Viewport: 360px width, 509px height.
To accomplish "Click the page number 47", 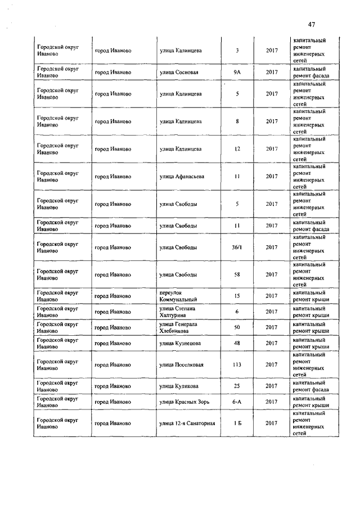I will coord(312,24).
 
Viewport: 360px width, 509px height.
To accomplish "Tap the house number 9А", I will coord(237,72).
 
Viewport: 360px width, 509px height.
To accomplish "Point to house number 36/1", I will coord(237,247).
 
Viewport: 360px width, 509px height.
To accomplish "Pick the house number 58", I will coord(237,274).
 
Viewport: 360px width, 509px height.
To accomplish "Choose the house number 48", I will coord(237,343).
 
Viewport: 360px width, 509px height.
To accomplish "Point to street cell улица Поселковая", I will coord(181,364).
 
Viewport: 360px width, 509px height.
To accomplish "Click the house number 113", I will coord(237,364).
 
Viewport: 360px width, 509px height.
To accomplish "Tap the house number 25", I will coord(237,386).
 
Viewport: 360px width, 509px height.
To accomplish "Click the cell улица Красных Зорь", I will coord(183,402).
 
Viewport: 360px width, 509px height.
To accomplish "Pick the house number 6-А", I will coord(237,402).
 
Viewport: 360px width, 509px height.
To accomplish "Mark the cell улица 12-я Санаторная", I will coord(187,423).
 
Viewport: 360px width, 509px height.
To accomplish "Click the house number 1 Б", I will coord(237,423).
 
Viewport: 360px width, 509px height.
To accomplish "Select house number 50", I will coord(237,327).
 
